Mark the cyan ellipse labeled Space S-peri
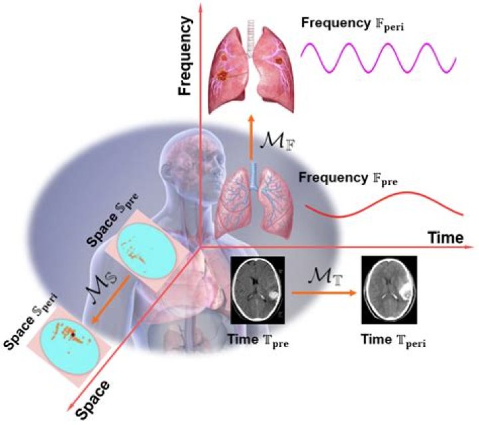pos(73,337)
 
